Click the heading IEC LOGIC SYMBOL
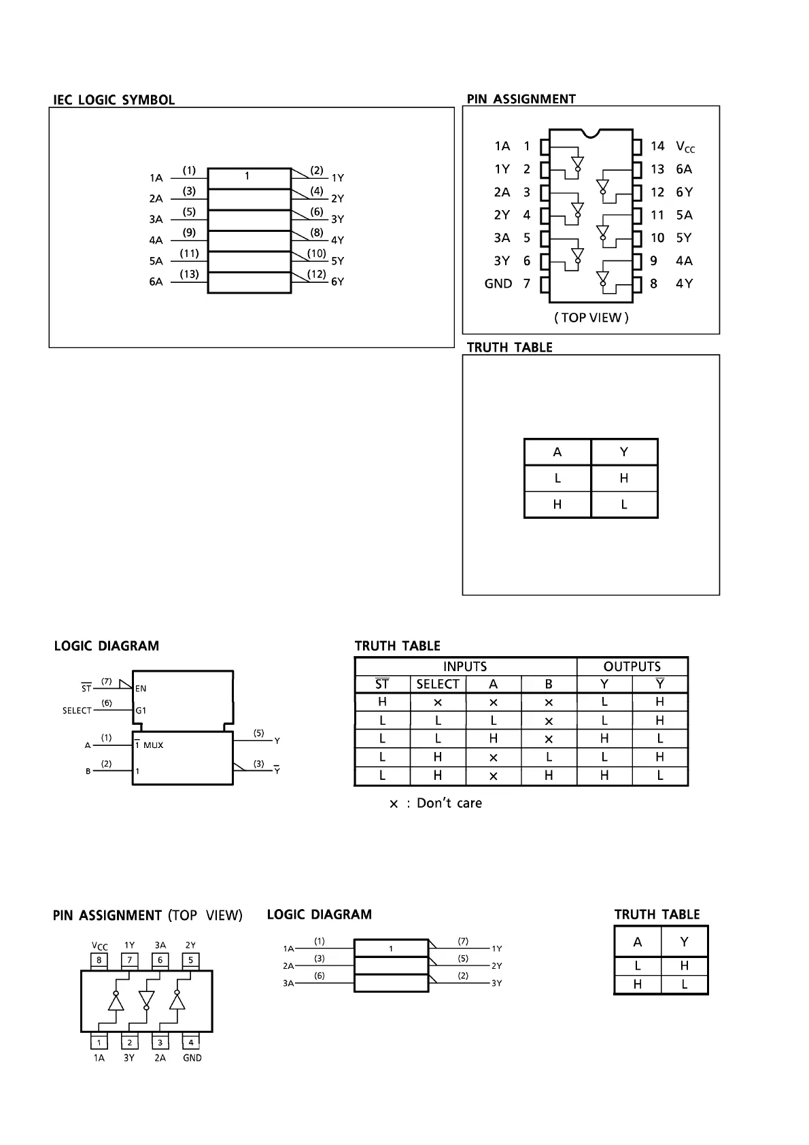(x=114, y=100)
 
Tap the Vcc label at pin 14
(x=685, y=146)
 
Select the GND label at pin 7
(x=498, y=284)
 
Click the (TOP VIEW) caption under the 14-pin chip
(x=591, y=318)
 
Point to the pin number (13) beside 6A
(x=189, y=274)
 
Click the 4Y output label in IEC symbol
(x=337, y=240)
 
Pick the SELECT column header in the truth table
(x=438, y=684)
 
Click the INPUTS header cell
(x=465, y=666)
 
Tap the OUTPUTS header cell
(x=632, y=666)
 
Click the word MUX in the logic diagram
(x=154, y=745)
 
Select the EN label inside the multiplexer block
(x=141, y=688)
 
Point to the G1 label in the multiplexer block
(x=141, y=711)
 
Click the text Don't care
(x=449, y=803)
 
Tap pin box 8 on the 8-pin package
(x=99, y=960)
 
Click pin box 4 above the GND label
(x=191, y=1042)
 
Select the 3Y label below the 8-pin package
(x=129, y=1058)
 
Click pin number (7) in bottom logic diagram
(x=463, y=941)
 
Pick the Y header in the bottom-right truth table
(x=684, y=942)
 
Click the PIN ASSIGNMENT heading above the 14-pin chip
(x=521, y=99)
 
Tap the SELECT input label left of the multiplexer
(x=77, y=711)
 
